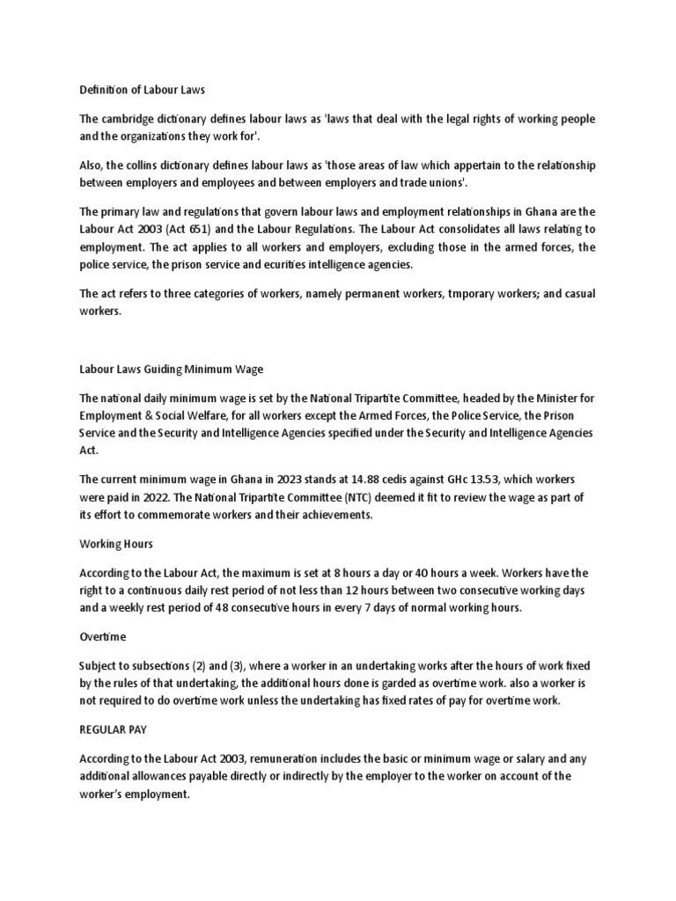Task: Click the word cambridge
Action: click(130, 119)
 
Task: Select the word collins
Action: click(152, 165)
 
